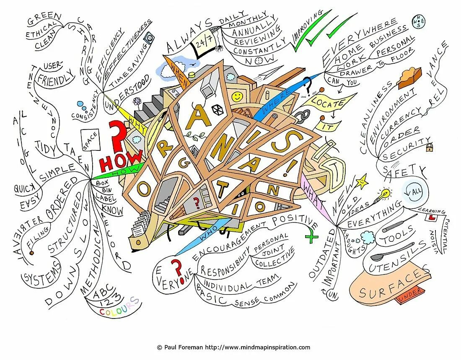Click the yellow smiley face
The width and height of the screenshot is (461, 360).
(x=237, y=96)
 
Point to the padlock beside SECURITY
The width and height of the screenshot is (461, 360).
(x=429, y=147)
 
